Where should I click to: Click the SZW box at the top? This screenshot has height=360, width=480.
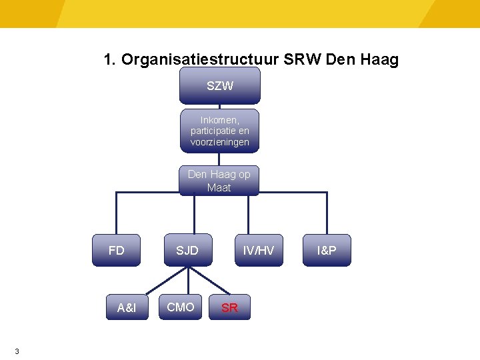(219, 85)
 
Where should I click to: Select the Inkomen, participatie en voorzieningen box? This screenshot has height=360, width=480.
(219, 131)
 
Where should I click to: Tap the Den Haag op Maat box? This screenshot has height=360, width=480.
(219, 181)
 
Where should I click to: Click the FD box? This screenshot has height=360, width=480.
(116, 251)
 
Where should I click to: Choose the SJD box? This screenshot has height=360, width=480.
(187, 251)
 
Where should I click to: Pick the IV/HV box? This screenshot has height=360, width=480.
(258, 251)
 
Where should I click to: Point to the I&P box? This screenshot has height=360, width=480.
(327, 251)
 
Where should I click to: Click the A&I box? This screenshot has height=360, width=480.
(126, 307)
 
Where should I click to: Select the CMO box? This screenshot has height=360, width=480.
(181, 307)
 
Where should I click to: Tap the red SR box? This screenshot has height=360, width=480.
(229, 307)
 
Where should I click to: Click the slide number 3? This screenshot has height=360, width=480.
(17, 351)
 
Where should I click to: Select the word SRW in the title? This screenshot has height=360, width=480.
(303, 60)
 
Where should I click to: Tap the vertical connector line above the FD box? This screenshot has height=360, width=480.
(117, 213)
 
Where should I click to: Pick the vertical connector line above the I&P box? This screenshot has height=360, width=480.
(327, 213)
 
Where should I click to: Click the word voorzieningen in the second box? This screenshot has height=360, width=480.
(219, 142)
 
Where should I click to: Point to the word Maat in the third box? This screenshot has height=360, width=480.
(219, 188)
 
